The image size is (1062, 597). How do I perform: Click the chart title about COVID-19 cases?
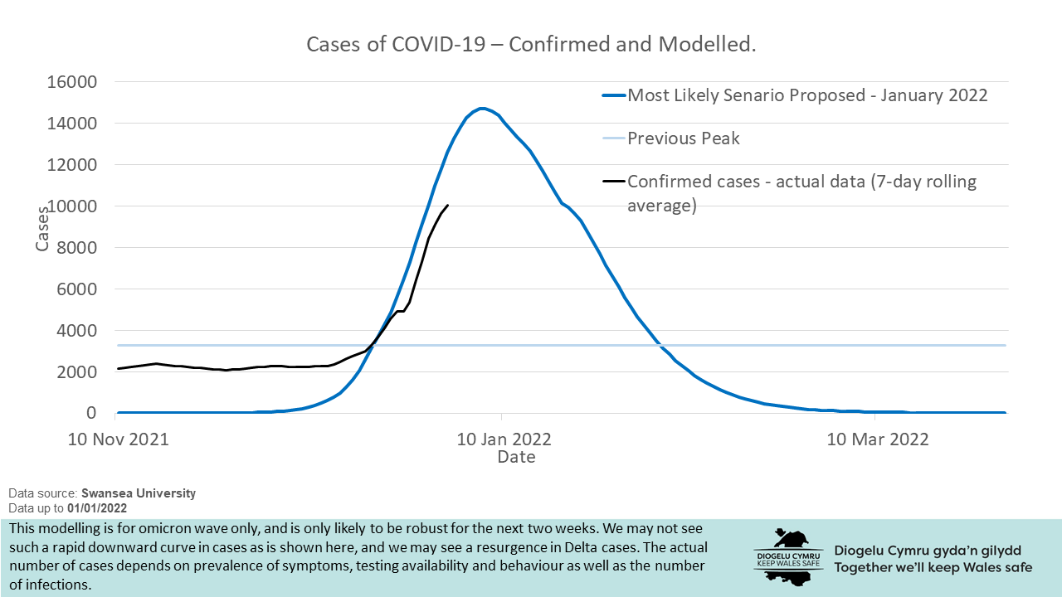point(531,44)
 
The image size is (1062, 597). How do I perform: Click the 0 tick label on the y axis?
point(91,413)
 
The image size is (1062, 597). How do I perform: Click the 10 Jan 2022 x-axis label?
point(504,439)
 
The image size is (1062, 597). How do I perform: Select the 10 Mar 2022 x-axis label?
point(879,439)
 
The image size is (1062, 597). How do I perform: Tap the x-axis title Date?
point(516,457)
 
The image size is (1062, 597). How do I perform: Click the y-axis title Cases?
point(43,228)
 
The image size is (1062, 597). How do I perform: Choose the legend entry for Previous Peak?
point(683,138)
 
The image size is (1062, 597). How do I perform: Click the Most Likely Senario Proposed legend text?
point(807,95)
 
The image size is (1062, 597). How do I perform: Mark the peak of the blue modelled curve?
point(482,109)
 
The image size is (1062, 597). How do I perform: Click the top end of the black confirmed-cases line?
point(448,205)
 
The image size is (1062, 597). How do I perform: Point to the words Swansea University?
point(139,493)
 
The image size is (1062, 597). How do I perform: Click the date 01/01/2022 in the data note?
point(97,507)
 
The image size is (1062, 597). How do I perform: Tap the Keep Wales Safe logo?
point(787,557)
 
